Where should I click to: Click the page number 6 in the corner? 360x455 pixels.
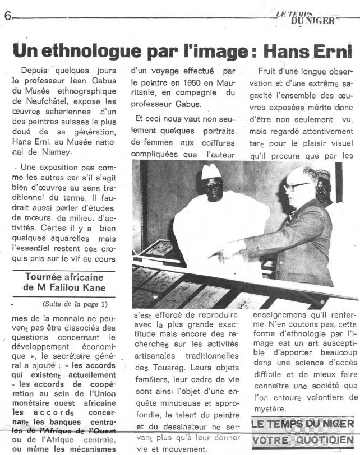[x=7, y=15]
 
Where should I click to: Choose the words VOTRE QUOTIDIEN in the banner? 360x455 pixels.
[x=303, y=440]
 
